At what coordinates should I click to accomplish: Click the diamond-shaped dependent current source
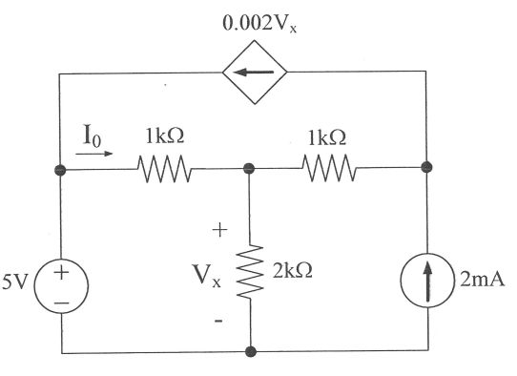[249, 71]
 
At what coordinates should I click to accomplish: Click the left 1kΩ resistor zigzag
[166, 172]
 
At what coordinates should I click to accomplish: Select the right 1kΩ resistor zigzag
[329, 172]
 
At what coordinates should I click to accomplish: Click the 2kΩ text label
[290, 271]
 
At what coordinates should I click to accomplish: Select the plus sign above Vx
[219, 229]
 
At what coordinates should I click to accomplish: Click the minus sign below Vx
[219, 322]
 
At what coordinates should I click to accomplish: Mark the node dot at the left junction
[62, 172]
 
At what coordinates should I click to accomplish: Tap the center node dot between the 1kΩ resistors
[250, 172]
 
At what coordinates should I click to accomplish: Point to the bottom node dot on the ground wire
[250, 351]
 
